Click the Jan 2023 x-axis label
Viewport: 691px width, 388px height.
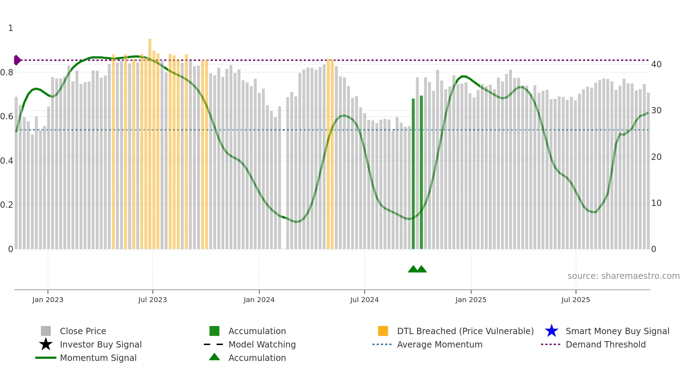tap(48, 300)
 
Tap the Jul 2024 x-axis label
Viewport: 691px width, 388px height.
tap(364, 300)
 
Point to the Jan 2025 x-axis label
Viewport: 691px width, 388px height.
tap(471, 300)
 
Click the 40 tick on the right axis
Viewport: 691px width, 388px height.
tap(656, 64)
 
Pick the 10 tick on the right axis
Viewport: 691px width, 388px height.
tap(656, 203)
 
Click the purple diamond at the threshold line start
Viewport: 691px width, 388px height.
tap(17, 60)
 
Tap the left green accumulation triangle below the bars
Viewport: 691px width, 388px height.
tap(413, 269)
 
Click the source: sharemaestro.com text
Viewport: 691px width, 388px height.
tap(623, 276)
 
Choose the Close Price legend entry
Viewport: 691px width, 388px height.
tap(83, 331)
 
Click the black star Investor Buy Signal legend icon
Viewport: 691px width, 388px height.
tap(46, 344)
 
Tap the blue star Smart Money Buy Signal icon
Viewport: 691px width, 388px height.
tap(551, 331)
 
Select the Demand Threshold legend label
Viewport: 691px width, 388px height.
tap(605, 344)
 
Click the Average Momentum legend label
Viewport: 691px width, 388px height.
tap(440, 344)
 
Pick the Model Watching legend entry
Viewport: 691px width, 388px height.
tap(262, 344)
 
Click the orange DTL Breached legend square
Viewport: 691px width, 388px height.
tap(383, 331)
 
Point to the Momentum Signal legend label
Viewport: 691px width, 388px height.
tap(98, 358)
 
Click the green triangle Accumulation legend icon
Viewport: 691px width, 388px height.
tap(214, 357)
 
